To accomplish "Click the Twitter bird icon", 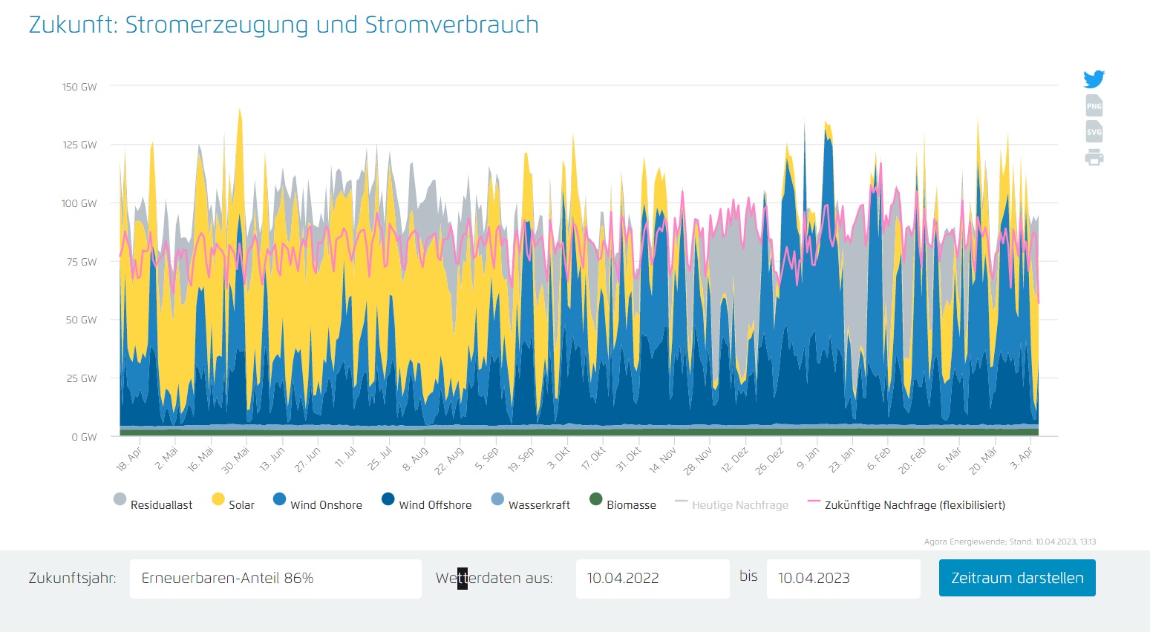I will point(1094,79).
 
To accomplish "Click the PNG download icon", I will point(1094,105).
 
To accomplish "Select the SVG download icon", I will point(1094,131).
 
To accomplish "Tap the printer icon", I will point(1094,157).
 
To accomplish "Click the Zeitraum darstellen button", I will point(1016,578).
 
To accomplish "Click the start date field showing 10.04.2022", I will point(652,579).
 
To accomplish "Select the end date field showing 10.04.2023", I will point(843,579).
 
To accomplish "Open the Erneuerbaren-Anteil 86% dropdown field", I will point(275,579).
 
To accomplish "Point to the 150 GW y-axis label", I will point(79,87).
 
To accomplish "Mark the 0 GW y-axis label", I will point(84,437).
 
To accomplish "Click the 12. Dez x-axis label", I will point(735,460).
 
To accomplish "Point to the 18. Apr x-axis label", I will point(129,460).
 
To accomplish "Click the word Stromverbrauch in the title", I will point(451,24).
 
